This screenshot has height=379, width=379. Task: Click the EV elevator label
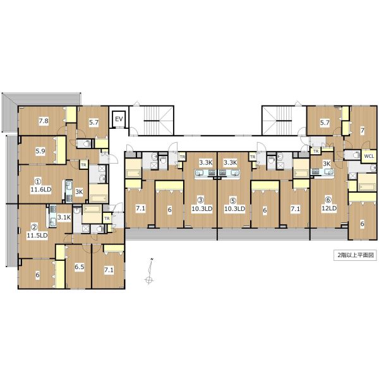click(119, 119)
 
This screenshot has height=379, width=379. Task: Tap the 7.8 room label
click(44, 121)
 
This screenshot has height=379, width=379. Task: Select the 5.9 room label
click(40, 152)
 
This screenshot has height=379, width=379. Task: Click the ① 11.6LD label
click(41, 185)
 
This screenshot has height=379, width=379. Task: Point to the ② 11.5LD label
click(37, 231)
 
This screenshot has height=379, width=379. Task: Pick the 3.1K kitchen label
click(64, 217)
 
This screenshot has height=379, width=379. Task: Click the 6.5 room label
click(80, 267)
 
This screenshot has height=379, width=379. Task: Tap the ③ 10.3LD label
click(202, 205)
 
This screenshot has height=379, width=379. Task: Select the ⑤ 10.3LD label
click(234, 205)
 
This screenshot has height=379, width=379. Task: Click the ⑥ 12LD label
click(329, 204)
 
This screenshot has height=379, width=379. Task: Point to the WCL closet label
click(369, 156)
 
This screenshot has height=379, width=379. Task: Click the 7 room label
click(362, 131)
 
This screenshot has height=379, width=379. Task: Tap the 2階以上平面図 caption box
click(355, 255)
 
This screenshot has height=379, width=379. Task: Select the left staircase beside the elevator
click(152, 121)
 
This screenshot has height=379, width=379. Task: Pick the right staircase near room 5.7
click(284, 121)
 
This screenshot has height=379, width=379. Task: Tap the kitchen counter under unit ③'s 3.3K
click(205, 173)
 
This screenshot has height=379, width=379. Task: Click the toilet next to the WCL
click(355, 155)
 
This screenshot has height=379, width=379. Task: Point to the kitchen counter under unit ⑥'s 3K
click(323, 172)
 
